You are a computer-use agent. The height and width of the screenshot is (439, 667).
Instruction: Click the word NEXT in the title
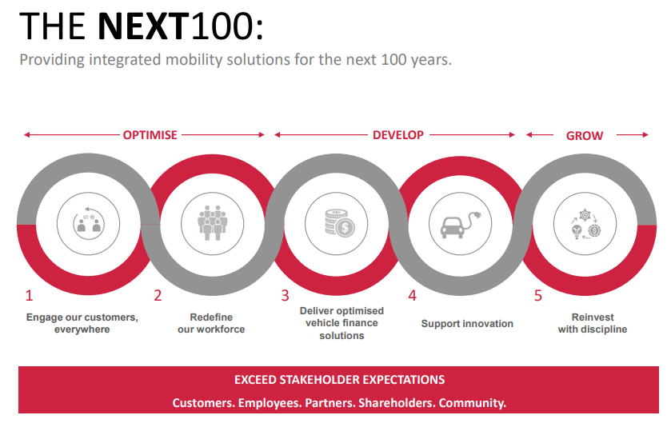click(143, 26)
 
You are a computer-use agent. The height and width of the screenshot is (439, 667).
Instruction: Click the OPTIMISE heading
click(150, 135)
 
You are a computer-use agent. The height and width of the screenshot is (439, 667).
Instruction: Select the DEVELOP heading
click(398, 135)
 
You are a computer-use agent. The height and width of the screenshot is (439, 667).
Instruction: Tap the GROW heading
click(585, 136)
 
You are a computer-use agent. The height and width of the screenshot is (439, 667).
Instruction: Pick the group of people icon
click(212, 223)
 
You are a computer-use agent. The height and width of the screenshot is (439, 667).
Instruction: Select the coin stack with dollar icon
click(339, 223)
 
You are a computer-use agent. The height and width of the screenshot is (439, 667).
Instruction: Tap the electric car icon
click(461, 224)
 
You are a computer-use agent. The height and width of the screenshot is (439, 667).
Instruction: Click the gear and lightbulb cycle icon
click(585, 224)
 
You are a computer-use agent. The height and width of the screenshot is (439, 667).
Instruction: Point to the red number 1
click(29, 295)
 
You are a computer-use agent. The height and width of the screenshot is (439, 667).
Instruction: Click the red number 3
click(285, 295)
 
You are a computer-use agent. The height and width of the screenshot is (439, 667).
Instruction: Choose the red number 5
click(538, 295)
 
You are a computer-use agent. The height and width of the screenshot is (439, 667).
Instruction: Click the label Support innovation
click(467, 324)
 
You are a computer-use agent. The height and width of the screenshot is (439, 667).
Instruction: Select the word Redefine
click(211, 317)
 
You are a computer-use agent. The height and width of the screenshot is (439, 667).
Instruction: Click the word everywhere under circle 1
click(82, 329)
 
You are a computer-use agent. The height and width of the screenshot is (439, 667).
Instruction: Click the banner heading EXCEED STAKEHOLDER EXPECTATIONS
click(339, 380)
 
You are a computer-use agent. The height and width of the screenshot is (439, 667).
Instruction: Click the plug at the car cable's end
click(477, 215)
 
